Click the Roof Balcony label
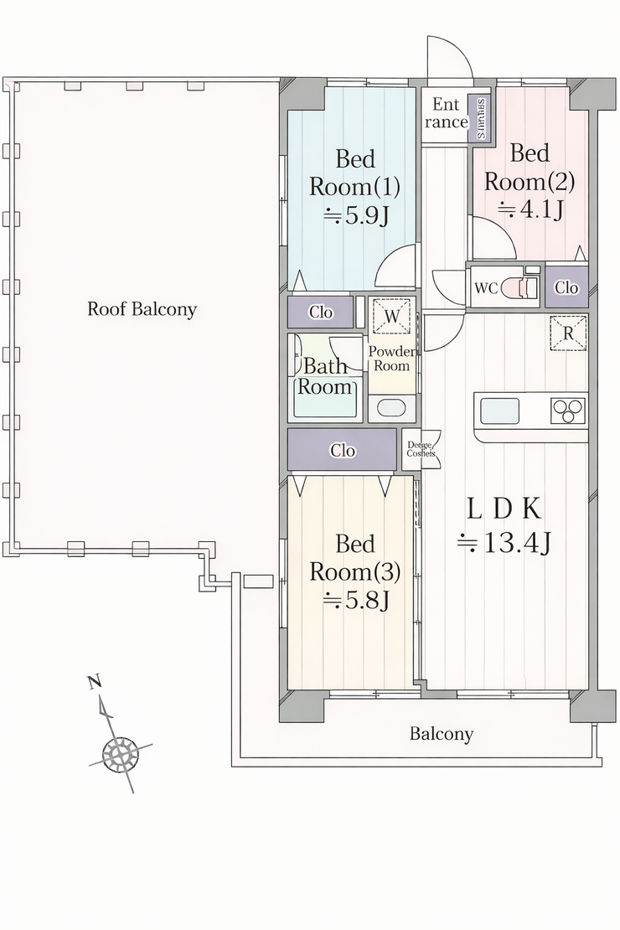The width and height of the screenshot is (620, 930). pyautogui.click(x=142, y=309)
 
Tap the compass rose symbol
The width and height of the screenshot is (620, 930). pyautogui.click(x=120, y=755)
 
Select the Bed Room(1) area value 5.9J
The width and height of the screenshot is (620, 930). pyautogui.click(x=356, y=215)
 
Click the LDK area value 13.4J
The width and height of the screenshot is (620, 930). pyautogui.click(x=504, y=545)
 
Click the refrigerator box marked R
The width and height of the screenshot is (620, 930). pyautogui.click(x=568, y=333)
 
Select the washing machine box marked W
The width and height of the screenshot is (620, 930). pyautogui.click(x=392, y=317)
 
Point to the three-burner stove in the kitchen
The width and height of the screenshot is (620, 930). pyautogui.click(x=568, y=411)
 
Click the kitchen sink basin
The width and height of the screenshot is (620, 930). pyautogui.click(x=498, y=411)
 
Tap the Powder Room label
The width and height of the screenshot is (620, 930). pyautogui.click(x=392, y=359)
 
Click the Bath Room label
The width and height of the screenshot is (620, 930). pyautogui.click(x=325, y=376)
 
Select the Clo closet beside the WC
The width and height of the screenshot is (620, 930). pyautogui.click(x=566, y=287)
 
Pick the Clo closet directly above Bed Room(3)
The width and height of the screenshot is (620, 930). pyautogui.click(x=342, y=451)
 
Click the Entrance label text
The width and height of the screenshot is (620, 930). pyautogui.click(x=446, y=114)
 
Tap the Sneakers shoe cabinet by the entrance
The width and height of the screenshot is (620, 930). pyautogui.click(x=483, y=116)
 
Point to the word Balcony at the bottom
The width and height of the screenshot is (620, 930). pyautogui.click(x=441, y=735)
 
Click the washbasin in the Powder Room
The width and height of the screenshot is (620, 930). pyautogui.click(x=391, y=408)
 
